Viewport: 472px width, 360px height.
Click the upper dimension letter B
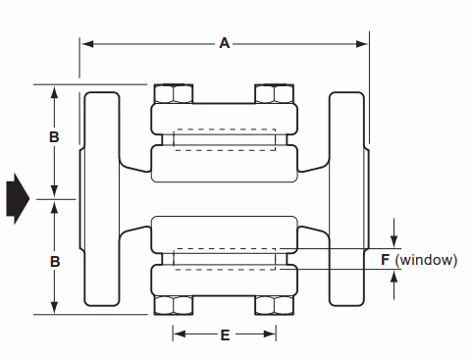[x=54, y=138]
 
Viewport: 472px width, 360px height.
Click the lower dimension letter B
[x=54, y=262]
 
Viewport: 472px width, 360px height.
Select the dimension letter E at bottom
[x=225, y=334]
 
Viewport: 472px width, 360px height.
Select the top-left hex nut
[x=174, y=94]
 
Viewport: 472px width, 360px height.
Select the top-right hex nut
[x=275, y=94]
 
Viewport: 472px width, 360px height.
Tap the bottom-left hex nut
[x=174, y=305]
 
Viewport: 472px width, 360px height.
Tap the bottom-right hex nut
[x=275, y=305]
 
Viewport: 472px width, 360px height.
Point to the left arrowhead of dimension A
[x=86, y=43]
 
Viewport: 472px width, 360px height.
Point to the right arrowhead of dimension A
[x=362, y=43]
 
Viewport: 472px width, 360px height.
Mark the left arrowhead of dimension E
[x=179, y=334]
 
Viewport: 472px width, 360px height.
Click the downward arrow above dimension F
[x=394, y=240]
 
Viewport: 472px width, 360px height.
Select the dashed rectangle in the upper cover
[x=224, y=137]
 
